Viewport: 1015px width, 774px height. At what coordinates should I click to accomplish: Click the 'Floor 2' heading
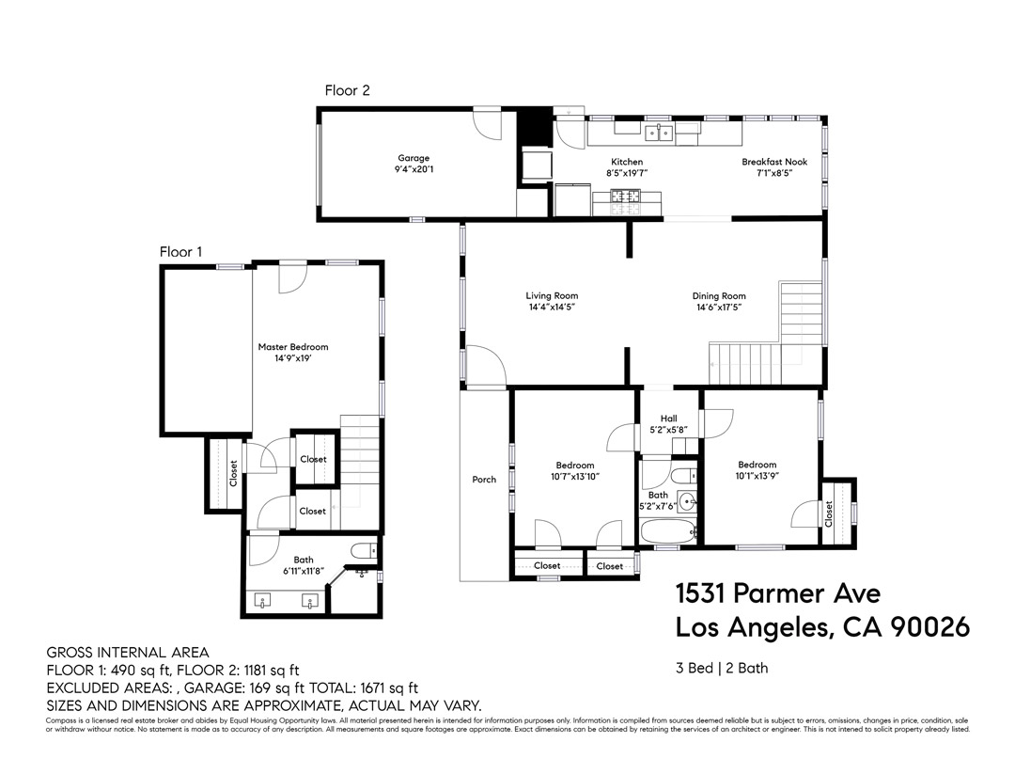[347, 90]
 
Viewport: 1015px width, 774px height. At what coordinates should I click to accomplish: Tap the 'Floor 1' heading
[180, 252]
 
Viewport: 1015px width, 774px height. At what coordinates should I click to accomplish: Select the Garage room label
[414, 158]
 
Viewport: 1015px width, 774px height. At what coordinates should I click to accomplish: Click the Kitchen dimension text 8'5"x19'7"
[627, 173]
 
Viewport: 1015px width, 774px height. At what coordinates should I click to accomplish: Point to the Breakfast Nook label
[773, 162]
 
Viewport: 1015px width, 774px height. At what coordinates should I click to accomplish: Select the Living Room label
[552, 295]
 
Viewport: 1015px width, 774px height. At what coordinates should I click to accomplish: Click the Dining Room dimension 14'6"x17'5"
[719, 307]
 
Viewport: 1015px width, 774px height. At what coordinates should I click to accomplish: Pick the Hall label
[668, 419]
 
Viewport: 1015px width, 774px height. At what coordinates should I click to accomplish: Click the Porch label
[484, 480]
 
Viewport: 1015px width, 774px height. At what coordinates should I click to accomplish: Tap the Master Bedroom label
[293, 347]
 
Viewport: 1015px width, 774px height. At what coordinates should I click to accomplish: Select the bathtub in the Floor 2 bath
[669, 532]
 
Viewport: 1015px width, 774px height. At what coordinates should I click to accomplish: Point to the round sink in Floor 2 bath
[686, 501]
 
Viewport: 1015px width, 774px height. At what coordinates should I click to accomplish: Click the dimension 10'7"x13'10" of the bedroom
[574, 477]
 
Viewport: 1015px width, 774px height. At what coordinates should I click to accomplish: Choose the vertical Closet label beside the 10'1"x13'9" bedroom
[829, 513]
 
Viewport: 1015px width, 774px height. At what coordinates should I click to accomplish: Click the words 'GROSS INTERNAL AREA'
[128, 653]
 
